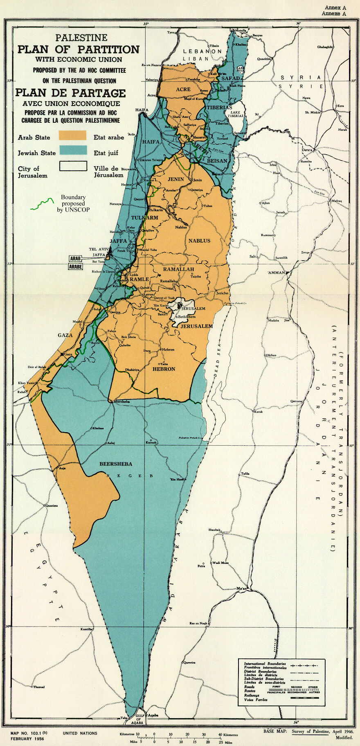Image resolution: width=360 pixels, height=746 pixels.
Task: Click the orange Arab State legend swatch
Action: (72, 135)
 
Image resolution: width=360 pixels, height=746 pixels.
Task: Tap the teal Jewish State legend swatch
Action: (73, 150)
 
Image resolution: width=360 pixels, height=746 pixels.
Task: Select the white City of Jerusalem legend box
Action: (73, 166)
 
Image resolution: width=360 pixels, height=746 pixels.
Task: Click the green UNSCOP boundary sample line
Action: (42, 203)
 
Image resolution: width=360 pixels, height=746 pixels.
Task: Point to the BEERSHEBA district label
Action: (116, 464)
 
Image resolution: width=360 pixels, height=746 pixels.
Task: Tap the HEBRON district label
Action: (164, 369)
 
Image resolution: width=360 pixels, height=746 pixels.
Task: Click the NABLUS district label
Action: (199, 241)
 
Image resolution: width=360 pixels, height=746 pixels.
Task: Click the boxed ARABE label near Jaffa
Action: (75, 267)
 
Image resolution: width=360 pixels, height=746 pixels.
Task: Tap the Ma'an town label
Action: (243, 588)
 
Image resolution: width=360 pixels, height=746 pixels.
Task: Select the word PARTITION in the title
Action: (108, 50)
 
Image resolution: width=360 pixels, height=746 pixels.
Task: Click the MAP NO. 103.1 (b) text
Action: (29, 733)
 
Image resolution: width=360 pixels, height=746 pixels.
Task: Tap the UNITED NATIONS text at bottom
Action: (80, 733)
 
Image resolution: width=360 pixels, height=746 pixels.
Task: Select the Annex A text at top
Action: (335, 8)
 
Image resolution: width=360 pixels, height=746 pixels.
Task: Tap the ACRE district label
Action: (183, 89)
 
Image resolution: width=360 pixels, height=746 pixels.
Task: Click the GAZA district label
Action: (65, 335)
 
